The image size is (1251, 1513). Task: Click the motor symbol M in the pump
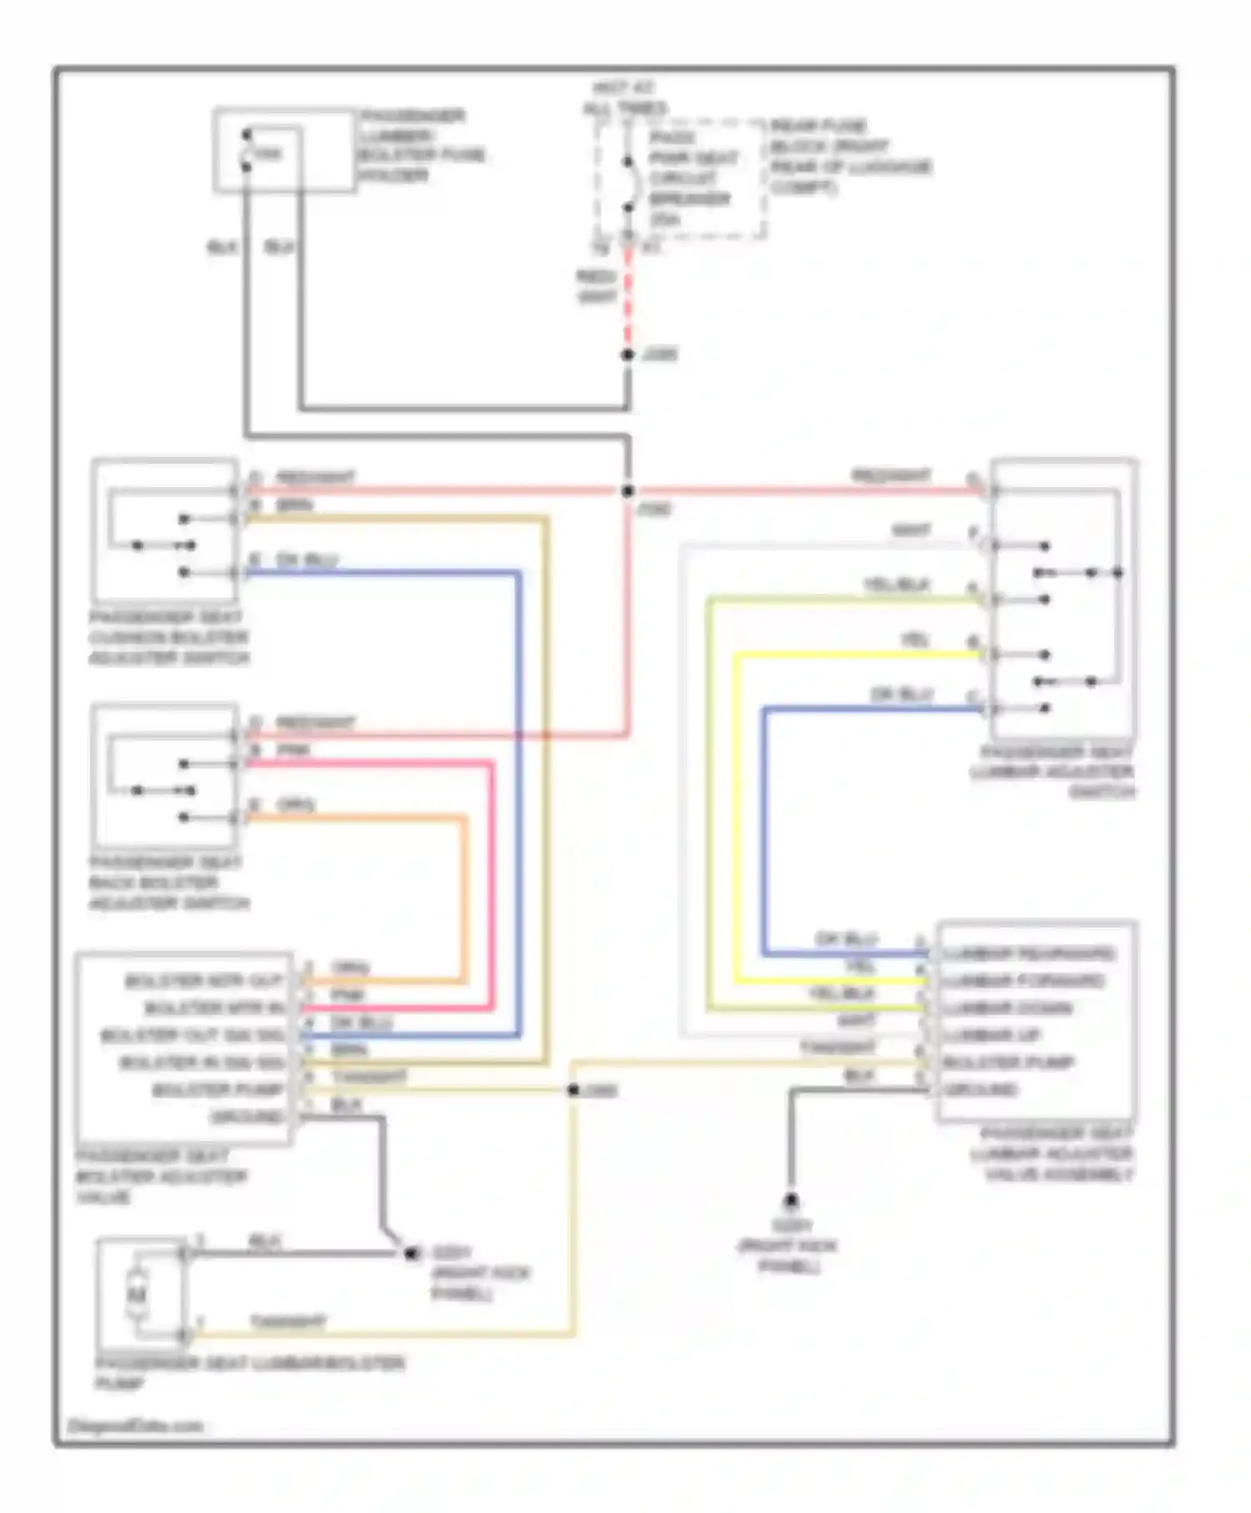tap(137, 1294)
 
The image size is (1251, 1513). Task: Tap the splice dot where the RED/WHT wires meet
tap(627, 491)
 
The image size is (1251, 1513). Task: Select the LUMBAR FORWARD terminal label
tap(1023, 981)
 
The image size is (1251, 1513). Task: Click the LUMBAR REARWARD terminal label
tap(1028, 953)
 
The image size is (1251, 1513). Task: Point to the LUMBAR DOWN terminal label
tap(1007, 1008)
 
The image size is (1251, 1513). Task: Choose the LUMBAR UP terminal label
tap(992, 1035)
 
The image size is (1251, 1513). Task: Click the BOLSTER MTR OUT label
tap(204, 981)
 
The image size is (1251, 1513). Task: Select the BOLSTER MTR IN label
tap(214, 1008)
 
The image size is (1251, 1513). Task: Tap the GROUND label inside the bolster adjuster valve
tap(247, 1117)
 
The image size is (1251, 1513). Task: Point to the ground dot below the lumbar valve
tap(790, 1200)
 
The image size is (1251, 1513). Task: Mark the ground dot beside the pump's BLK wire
tap(410, 1253)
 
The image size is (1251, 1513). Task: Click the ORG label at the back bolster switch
tap(295, 805)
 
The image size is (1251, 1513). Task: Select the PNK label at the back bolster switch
tap(294, 750)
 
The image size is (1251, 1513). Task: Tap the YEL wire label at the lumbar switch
tap(915, 641)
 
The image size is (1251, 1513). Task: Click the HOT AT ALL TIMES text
tap(625, 98)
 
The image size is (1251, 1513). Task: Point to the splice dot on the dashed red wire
tap(627, 354)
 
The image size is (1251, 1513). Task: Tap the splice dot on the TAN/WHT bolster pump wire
tap(573, 1090)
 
